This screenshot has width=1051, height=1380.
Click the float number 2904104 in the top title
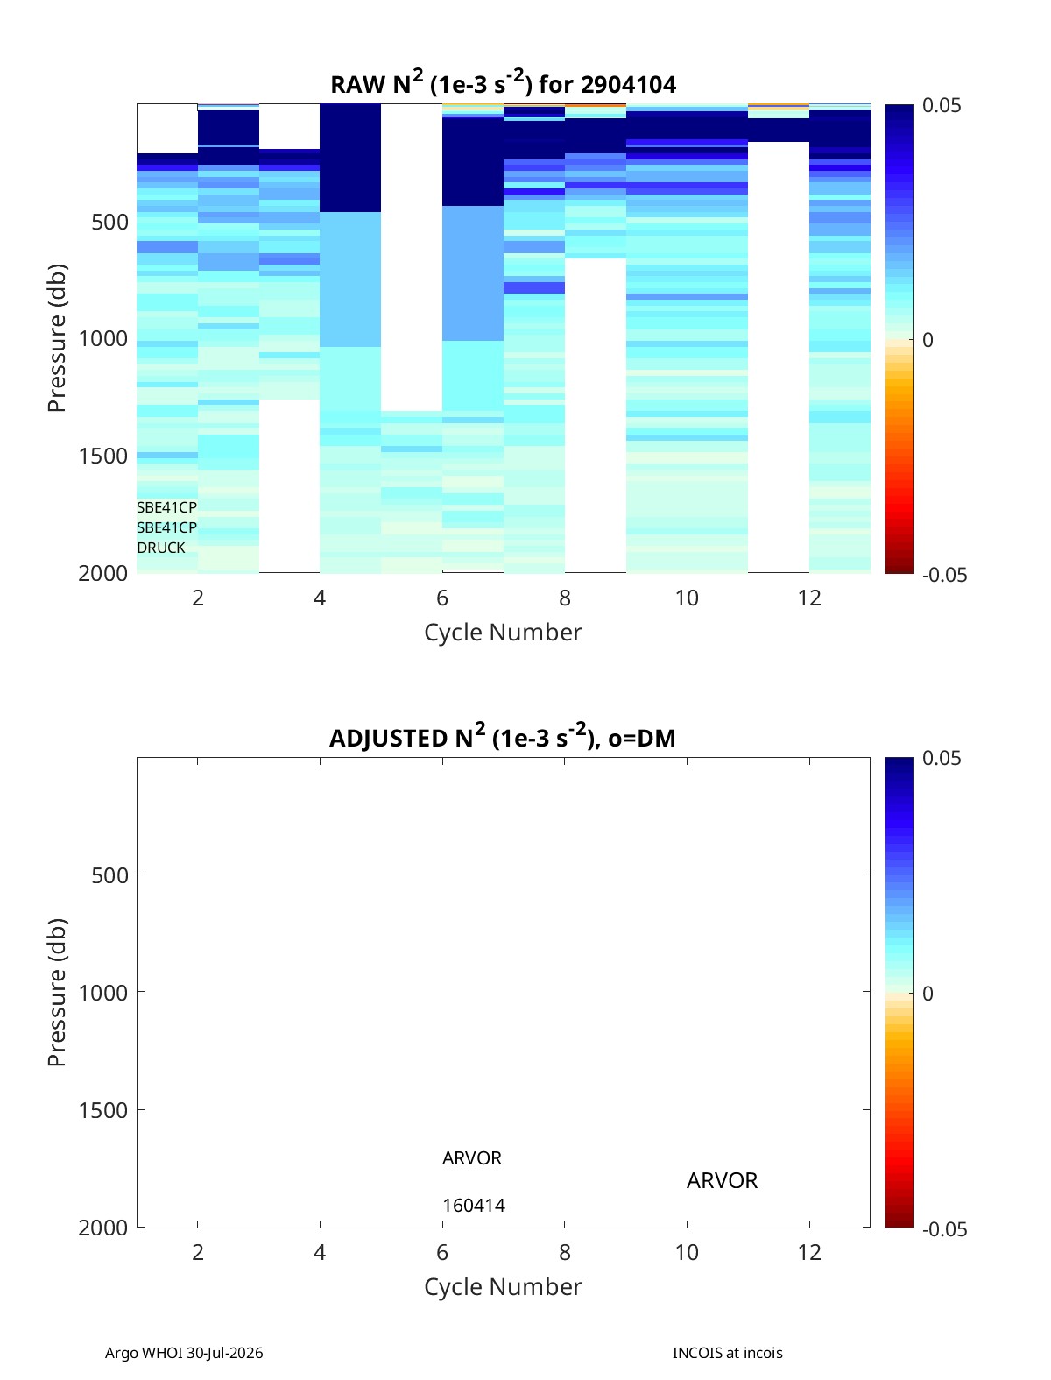tap(628, 85)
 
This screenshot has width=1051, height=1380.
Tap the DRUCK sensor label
tap(161, 548)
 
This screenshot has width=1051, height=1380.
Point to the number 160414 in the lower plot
tap(474, 1206)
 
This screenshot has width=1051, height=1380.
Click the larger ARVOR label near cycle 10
tap(722, 1181)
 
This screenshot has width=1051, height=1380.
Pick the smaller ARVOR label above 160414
tap(472, 1158)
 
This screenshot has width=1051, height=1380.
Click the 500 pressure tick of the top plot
tap(109, 222)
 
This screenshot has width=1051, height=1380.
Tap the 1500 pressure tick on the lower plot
tap(103, 1110)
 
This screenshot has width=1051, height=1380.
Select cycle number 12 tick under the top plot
tap(809, 598)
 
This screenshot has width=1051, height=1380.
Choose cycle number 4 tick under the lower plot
tap(320, 1252)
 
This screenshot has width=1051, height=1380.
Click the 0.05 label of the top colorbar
tap(941, 105)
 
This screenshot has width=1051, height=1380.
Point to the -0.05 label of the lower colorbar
tap(944, 1229)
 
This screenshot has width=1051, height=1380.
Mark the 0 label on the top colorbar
tap(928, 340)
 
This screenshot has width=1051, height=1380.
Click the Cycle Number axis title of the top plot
tap(503, 633)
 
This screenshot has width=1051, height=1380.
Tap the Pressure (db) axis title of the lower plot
tap(57, 992)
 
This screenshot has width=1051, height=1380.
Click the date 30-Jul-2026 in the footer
tap(224, 1353)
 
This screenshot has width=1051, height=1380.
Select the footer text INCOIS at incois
tap(728, 1353)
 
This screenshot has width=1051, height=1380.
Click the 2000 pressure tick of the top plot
tap(103, 573)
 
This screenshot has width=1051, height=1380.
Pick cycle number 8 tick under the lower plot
tap(564, 1252)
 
